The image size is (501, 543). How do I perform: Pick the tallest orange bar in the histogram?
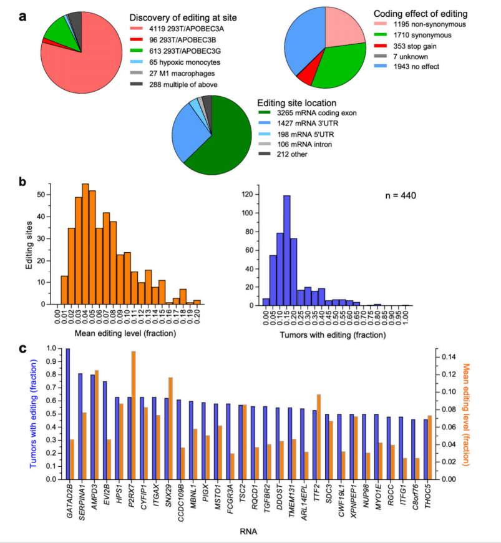(85, 244)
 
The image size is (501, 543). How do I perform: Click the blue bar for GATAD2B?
(68, 414)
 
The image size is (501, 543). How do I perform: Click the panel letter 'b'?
(22, 182)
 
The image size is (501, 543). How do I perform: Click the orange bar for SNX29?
(170, 428)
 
